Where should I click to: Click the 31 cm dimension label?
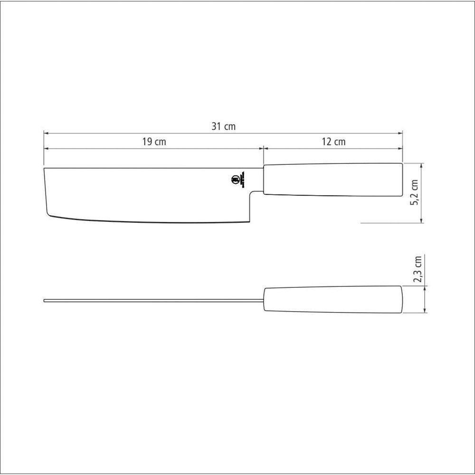pyautogui.click(x=223, y=127)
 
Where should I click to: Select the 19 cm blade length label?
pyautogui.click(x=153, y=142)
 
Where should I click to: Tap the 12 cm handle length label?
pyautogui.click(x=333, y=142)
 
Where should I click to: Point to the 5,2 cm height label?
pyautogui.click(x=414, y=192)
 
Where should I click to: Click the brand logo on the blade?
pyautogui.click(x=234, y=180)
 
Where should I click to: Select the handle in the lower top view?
pyautogui.click(x=332, y=300)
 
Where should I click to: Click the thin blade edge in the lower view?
pyautogui.click(x=152, y=300)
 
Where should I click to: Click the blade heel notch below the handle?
pyautogui.click(x=252, y=192)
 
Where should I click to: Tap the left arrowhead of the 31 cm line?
pyautogui.click(x=46, y=133)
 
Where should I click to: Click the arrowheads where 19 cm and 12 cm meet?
pyautogui.click(x=263, y=149)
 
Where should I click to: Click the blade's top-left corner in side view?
pyautogui.click(x=44, y=168)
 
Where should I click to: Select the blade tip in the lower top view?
pyautogui.click(x=45, y=300)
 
